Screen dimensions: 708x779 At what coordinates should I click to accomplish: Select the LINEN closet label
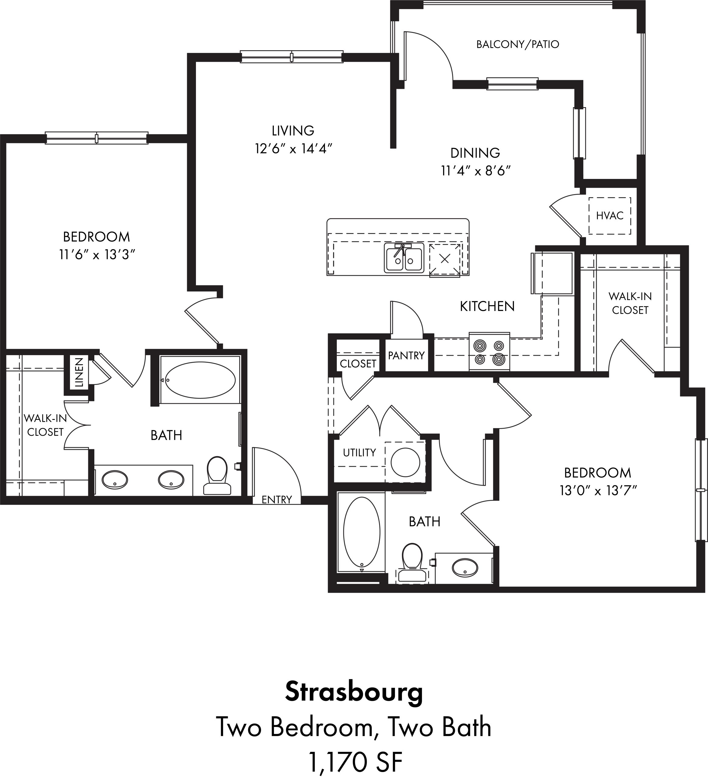click(79, 372)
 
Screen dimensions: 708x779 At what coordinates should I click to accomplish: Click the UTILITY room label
click(359, 452)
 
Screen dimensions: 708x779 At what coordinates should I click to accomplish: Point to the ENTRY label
click(277, 500)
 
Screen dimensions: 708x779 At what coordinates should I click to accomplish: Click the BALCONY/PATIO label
click(518, 44)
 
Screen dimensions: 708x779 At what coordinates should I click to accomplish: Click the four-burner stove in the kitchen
click(489, 352)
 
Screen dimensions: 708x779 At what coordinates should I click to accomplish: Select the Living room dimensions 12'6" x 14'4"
click(294, 148)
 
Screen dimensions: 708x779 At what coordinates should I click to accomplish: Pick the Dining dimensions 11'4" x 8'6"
click(476, 171)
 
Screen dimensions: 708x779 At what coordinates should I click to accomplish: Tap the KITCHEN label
click(487, 306)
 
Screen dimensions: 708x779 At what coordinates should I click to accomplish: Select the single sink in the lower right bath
click(466, 568)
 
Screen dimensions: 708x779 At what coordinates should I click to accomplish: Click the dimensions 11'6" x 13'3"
click(96, 255)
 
